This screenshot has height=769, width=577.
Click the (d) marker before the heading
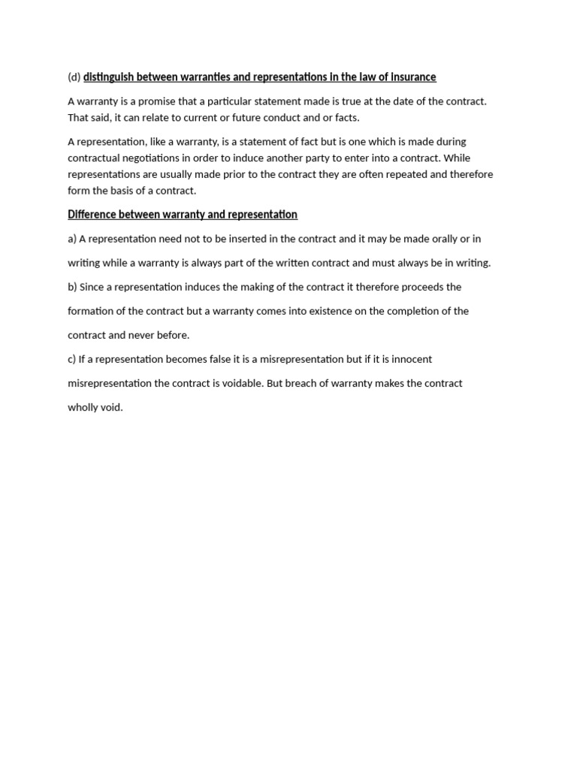tap(74, 77)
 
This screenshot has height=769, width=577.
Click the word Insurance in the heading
tap(413, 77)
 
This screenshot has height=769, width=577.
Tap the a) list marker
tap(72, 239)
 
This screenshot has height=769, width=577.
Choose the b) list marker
tap(72, 287)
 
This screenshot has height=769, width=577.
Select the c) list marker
tap(72, 359)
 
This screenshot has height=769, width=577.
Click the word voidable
tap(242, 383)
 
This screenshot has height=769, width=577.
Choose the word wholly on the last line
tap(83, 407)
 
